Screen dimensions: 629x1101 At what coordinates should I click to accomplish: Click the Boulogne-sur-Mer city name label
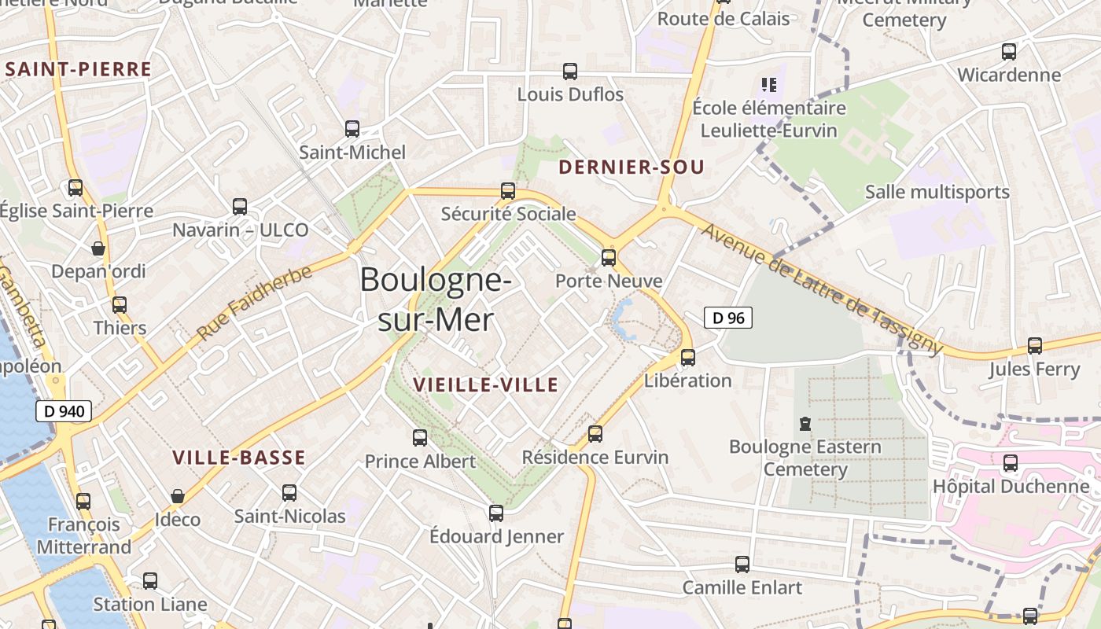pos(436,300)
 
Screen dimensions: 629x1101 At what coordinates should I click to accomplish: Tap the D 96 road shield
pos(727,318)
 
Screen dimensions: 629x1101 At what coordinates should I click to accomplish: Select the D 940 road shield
pos(64,411)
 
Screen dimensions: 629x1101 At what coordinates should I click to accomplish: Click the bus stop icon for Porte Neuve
pos(608,257)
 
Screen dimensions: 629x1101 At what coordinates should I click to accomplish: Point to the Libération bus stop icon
pos(688,358)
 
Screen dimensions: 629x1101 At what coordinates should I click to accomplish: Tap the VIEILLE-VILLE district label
pos(485,384)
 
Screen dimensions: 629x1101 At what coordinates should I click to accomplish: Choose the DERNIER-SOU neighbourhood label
pos(631,167)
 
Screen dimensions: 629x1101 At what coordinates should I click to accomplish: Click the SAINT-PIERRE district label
pos(78,69)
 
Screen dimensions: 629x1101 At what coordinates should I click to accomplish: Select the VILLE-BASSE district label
pos(238,458)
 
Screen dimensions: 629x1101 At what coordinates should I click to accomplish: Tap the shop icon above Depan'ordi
pos(98,248)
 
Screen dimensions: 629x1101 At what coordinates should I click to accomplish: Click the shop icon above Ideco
pos(178,496)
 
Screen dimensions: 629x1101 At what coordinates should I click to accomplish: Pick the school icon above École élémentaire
pos(768,84)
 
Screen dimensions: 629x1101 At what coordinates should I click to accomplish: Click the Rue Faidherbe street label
pos(254,303)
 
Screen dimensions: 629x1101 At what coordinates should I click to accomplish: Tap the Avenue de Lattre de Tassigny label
pos(821,289)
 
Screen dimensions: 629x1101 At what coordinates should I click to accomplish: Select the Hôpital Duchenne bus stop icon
pos(1011,462)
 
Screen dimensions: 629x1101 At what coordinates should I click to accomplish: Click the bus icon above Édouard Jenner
pos(496,513)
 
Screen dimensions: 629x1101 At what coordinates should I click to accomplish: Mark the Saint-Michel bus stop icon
pos(352,129)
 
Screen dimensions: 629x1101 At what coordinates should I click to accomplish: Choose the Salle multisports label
pos(937,192)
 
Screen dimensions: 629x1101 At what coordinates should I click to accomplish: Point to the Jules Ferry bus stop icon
pos(1035,345)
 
